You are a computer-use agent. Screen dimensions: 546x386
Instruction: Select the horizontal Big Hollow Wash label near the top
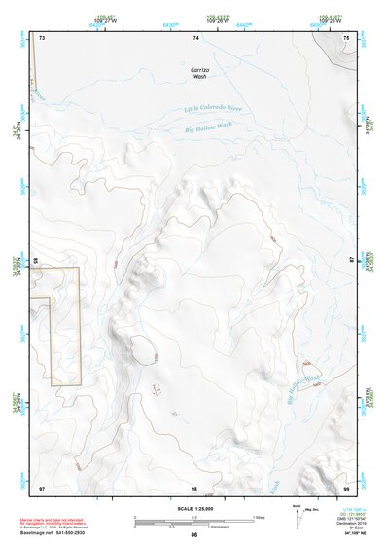tap(209, 126)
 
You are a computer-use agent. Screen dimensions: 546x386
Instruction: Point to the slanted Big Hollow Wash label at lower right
tap(302, 390)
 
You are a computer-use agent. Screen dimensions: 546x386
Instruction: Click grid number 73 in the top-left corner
tap(42, 37)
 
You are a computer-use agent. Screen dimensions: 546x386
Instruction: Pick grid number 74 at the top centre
tap(196, 37)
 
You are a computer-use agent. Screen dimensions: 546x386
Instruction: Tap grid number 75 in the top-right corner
tap(346, 37)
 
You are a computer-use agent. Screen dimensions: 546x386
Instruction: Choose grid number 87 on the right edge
tap(352, 261)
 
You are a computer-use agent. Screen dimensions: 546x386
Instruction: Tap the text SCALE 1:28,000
tap(194, 510)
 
